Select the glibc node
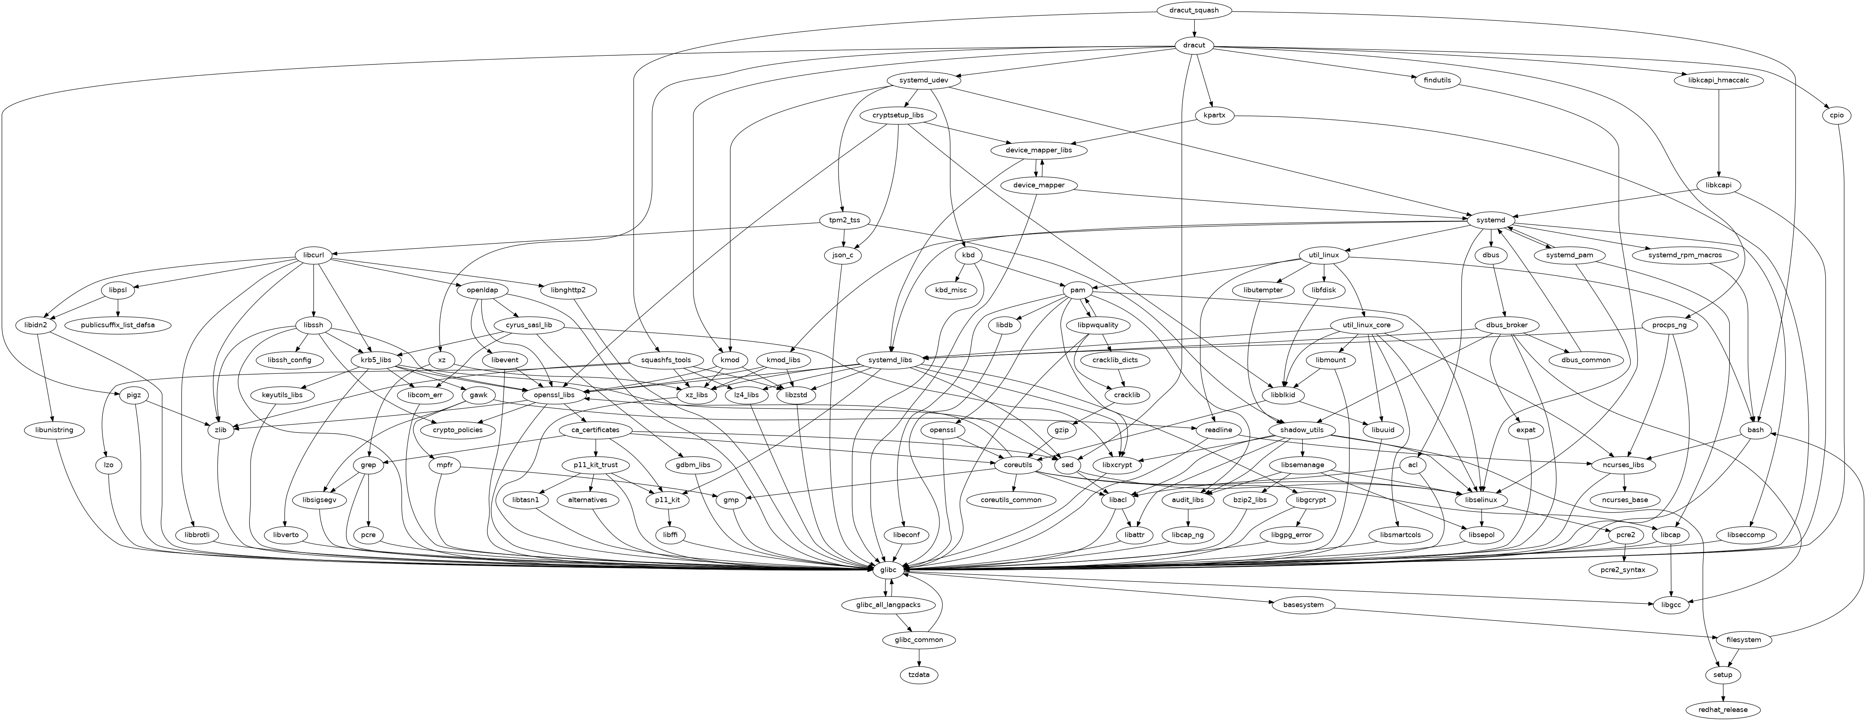coord(889,570)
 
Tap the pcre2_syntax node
coord(1623,570)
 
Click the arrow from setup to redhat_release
coord(1723,692)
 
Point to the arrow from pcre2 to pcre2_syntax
coord(1623,553)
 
